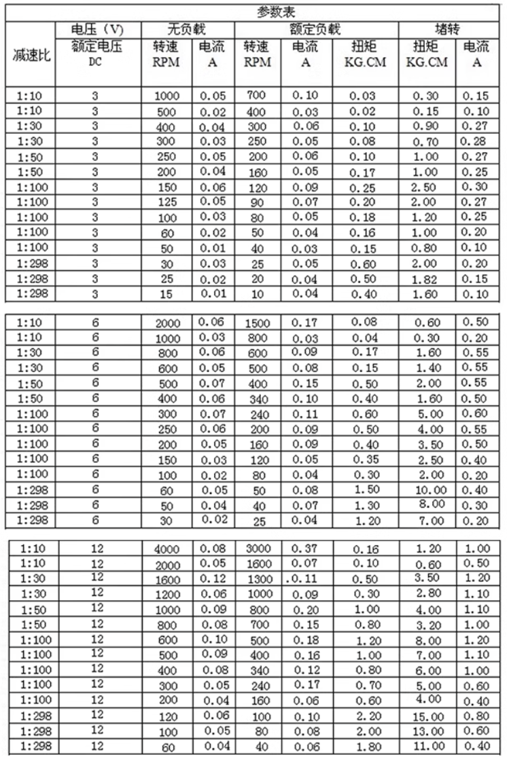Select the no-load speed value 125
(166, 201)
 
